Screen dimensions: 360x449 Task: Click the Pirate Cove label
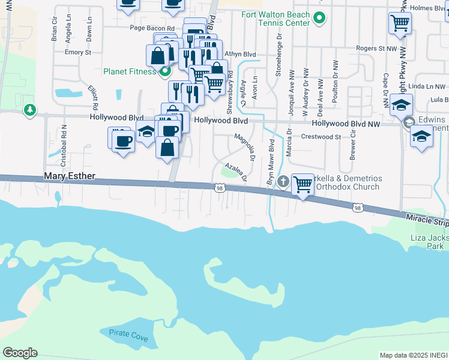(128, 335)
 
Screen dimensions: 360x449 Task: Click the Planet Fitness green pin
(163, 71)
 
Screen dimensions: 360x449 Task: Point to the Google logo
(20, 352)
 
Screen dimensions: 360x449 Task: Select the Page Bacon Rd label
(152, 28)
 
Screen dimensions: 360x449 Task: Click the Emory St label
(77, 52)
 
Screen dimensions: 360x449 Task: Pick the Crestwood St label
(321, 137)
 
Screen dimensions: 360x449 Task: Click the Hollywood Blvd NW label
(346, 124)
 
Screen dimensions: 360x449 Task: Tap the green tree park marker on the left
(29, 110)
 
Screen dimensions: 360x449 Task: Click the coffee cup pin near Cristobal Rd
(123, 141)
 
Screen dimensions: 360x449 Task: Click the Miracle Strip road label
(426, 220)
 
